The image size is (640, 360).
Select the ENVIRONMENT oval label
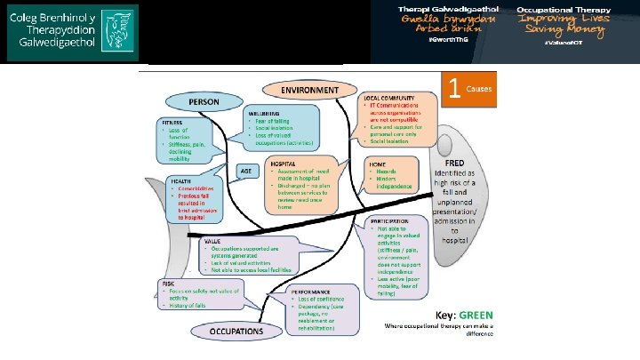309,90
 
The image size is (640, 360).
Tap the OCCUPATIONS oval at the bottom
236,331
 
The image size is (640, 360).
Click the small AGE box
246,170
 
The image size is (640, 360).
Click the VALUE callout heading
212,240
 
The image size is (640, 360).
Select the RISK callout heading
168,283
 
